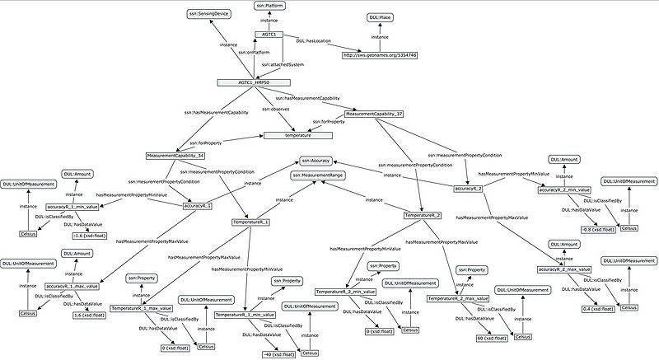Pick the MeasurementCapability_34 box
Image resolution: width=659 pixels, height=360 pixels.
point(175,155)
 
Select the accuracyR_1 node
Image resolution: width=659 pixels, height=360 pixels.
point(198,205)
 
